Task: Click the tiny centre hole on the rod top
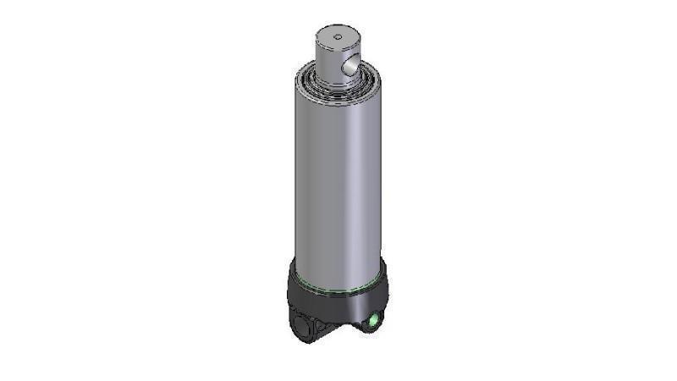[338, 36]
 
